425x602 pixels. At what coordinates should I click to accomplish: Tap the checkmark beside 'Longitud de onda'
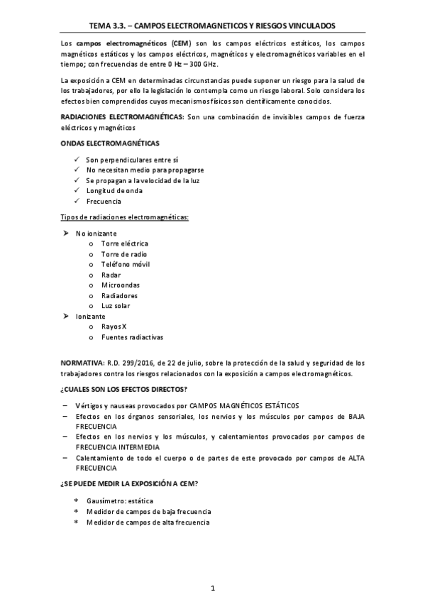pyautogui.click(x=76, y=191)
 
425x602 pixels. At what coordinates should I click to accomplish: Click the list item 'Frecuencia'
pyautogui.click(x=103, y=202)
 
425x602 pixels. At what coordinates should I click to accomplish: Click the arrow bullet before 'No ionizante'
pyautogui.click(x=65, y=233)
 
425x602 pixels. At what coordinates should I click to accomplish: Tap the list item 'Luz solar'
pyautogui.click(x=115, y=305)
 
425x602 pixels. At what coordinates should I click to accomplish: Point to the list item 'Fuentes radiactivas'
pyautogui.click(x=132, y=336)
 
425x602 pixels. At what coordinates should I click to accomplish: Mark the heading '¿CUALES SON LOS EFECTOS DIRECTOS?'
pyautogui.click(x=123, y=389)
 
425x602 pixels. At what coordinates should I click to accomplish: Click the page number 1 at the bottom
pyautogui.click(x=213, y=588)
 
